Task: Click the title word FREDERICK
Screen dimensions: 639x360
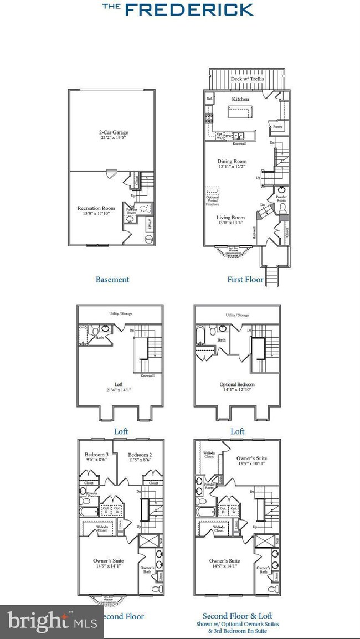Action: click(189, 9)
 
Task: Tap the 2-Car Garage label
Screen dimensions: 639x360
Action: click(111, 132)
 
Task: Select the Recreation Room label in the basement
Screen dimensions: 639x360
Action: click(95, 209)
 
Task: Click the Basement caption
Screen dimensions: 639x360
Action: click(112, 280)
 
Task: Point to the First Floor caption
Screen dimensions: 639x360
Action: click(245, 280)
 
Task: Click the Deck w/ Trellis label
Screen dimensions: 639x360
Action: click(247, 79)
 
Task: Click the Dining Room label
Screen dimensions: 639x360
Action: click(231, 162)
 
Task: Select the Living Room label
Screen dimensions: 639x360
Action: click(230, 218)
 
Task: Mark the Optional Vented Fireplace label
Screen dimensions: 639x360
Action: click(213, 200)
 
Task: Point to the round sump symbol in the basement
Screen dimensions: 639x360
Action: click(149, 239)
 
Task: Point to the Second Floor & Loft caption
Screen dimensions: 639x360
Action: click(237, 616)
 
